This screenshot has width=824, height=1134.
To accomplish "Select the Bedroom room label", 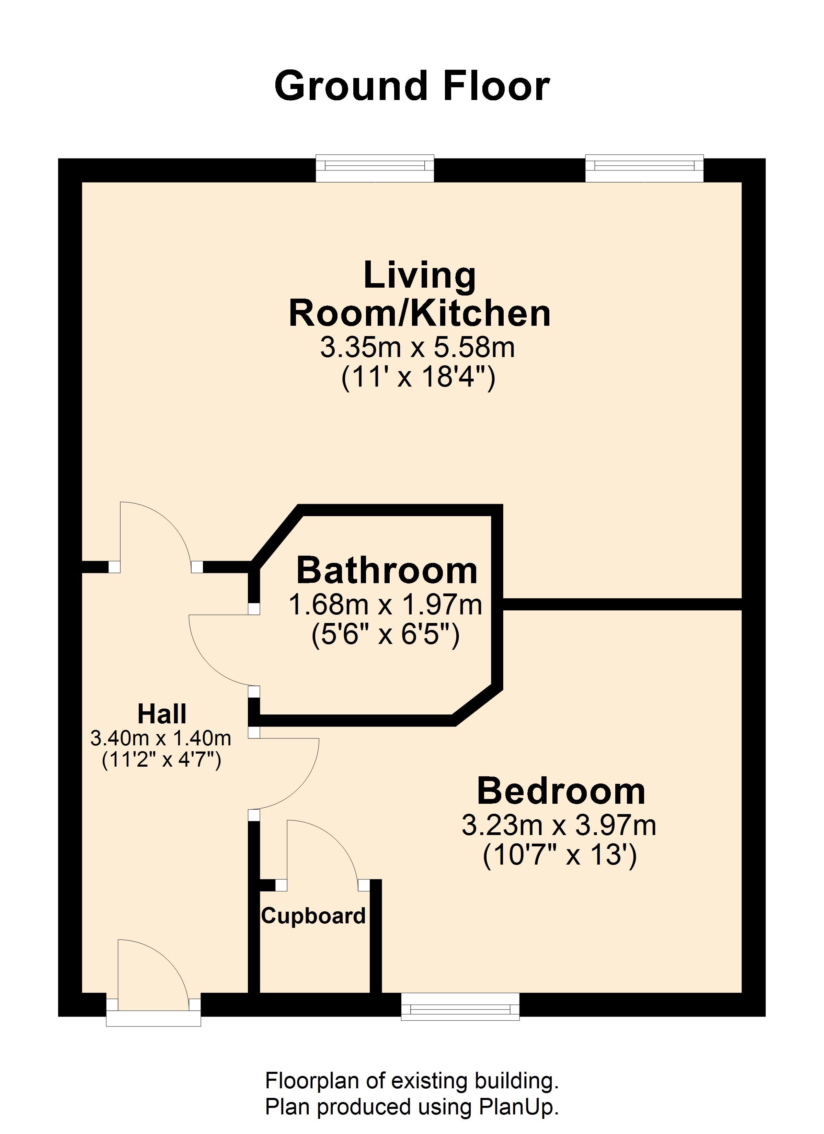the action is [x=561, y=791].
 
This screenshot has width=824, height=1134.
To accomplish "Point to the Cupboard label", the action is [x=313, y=916].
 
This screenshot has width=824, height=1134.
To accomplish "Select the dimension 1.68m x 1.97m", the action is [x=386, y=605].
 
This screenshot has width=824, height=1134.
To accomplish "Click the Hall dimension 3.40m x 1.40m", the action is [x=161, y=738].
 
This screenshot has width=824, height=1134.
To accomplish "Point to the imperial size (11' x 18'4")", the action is [x=418, y=378].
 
